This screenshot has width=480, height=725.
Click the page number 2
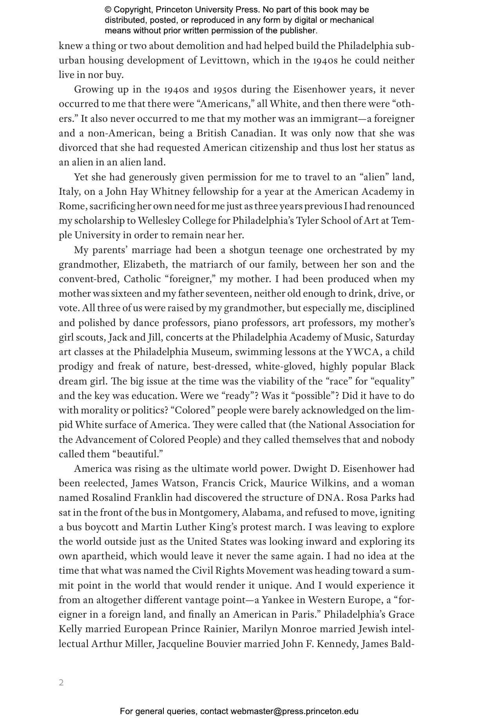point(61,682)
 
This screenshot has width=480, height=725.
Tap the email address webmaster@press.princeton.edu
point(294,711)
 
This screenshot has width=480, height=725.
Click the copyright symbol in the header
point(108,10)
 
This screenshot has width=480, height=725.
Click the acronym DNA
point(329,498)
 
